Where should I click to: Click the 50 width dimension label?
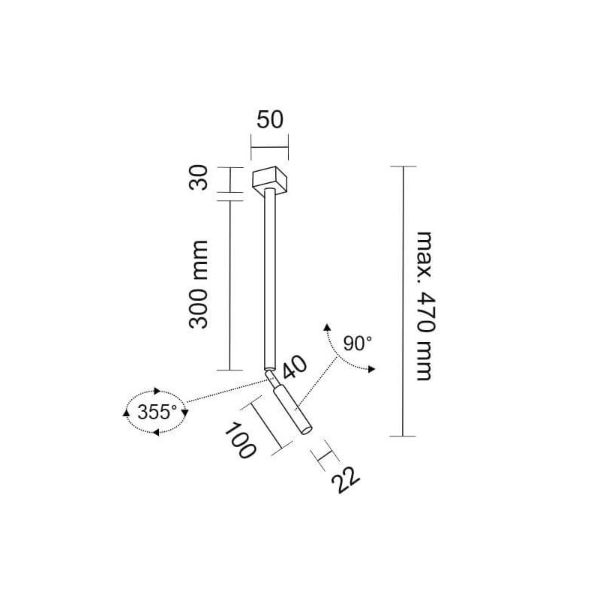coord(270,119)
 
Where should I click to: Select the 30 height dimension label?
coord(199,177)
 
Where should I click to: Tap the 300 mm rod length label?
coord(199,284)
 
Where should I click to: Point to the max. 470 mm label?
coord(425,306)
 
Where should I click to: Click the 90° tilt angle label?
coord(357,343)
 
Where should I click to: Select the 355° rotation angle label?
coord(157,412)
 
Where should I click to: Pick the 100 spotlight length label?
coord(240,440)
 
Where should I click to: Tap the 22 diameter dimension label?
coord(346,480)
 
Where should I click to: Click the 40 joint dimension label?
coord(294,367)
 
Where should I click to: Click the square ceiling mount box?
coord(270,181)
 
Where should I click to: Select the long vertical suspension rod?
coord(269,279)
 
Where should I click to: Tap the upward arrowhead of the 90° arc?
coord(327,326)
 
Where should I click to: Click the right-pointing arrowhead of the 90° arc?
coord(371,369)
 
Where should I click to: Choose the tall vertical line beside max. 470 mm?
coord(403,301)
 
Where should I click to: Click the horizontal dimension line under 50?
coord(269,147)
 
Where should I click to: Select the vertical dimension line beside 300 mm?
coord(229,286)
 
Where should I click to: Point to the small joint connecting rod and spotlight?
coord(271,379)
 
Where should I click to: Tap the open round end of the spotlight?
coord(306,430)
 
